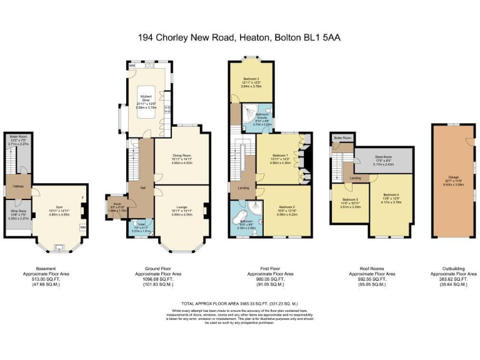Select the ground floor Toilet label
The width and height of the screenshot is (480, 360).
pyautogui.click(x=139, y=224)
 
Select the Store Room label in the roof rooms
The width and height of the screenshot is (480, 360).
pyautogui.click(x=383, y=157)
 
